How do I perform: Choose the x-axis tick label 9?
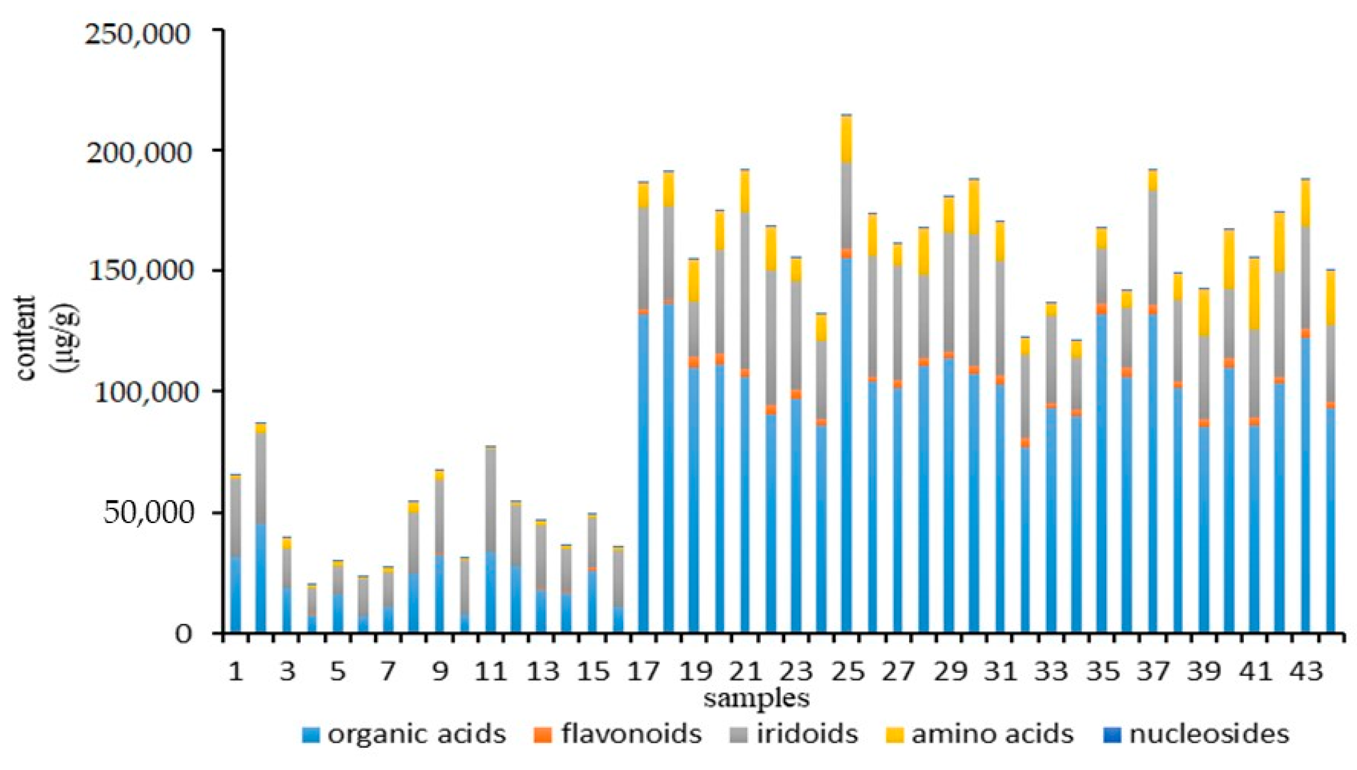(439, 672)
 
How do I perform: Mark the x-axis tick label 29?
(949, 672)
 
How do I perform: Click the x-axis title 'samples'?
(756, 699)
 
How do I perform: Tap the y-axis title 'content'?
(27, 338)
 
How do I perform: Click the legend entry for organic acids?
(404, 734)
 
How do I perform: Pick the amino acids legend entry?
(980, 734)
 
